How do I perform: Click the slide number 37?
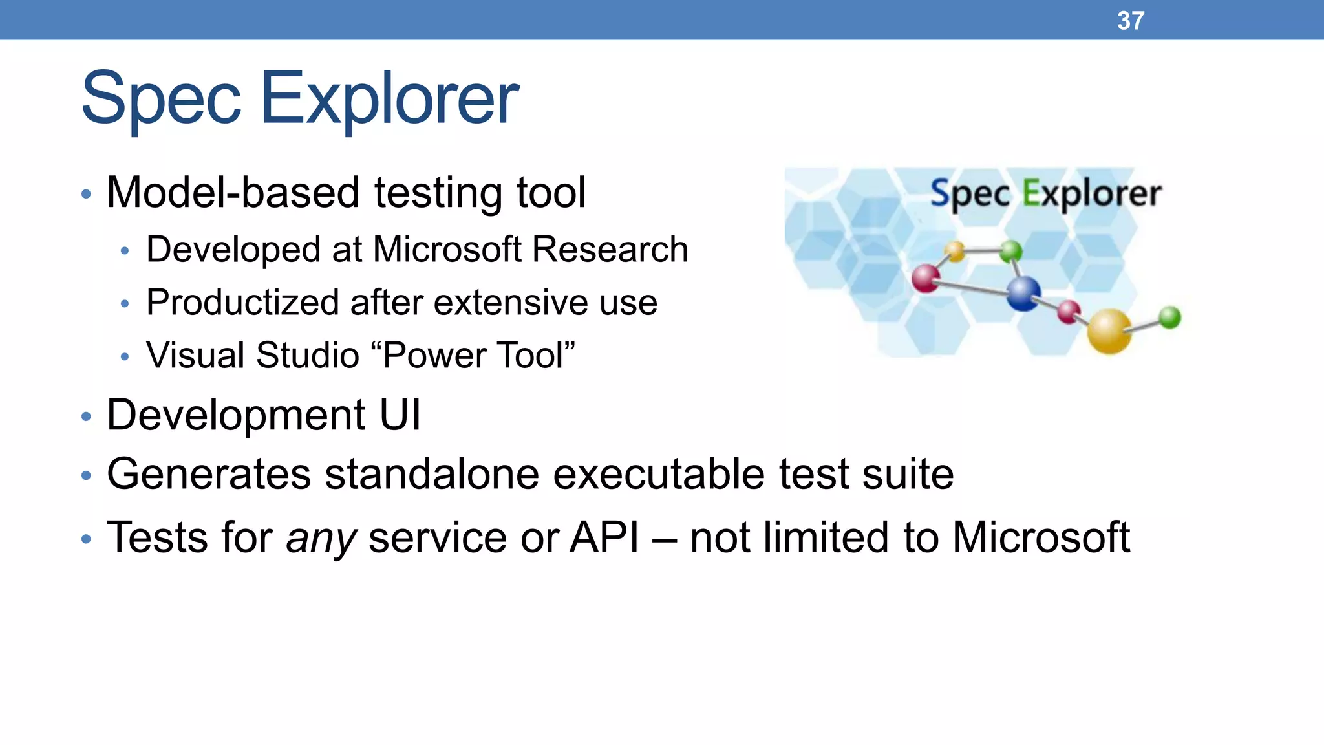[x=1130, y=21]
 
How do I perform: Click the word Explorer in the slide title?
[x=389, y=99]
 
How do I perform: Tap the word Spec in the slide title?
[x=161, y=99]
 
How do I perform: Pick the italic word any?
[x=321, y=539]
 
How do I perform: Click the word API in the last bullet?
[x=604, y=537]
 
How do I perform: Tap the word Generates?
[x=209, y=474]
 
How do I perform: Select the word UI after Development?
[x=400, y=415]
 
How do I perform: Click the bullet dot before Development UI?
[x=86, y=416]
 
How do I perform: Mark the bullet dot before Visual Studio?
[x=125, y=356]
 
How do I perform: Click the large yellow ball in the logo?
[x=1109, y=330]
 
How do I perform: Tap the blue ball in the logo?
[x=1023, y=293]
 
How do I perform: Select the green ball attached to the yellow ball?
[x=1169, y=318]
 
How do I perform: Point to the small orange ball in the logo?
[x=954, y=251]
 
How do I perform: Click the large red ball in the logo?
[x=926, y=278]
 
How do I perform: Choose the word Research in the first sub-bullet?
[x=610, y=250]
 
